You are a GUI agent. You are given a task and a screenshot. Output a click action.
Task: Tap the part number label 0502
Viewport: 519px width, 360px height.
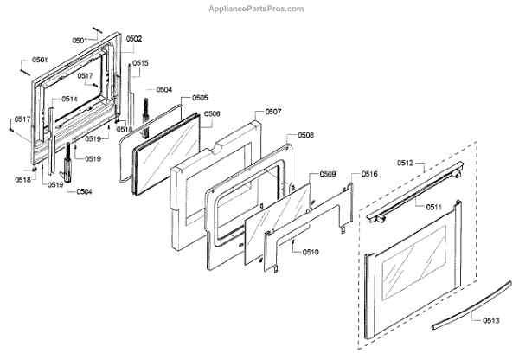[x=134, y=39]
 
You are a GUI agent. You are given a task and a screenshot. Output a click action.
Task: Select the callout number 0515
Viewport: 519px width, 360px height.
[x=140, y=63]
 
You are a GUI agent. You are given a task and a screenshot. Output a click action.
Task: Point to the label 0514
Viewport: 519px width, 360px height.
[x=69, y=99]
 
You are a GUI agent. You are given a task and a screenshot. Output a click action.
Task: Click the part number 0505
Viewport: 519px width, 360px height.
[x=200, y=98]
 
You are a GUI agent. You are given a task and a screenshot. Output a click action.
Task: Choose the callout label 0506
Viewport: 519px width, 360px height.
[x=212, y=113]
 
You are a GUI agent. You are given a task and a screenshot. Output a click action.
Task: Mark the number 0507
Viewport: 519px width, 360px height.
[x=273, y=112]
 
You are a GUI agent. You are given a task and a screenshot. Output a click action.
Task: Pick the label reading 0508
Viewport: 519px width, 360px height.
[x=305, y=136]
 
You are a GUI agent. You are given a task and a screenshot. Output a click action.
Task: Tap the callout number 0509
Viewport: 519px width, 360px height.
[x=328, y=175]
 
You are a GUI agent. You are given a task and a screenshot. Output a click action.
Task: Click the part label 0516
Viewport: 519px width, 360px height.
[x=369, y=174]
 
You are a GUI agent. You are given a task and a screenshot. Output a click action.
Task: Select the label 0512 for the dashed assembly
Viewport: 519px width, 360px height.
[x=406, y=163]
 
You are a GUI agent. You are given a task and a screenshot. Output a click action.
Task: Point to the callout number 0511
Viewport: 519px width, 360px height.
[x=433, y=206]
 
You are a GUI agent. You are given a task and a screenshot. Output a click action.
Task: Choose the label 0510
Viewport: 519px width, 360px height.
[x=311, y=253]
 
